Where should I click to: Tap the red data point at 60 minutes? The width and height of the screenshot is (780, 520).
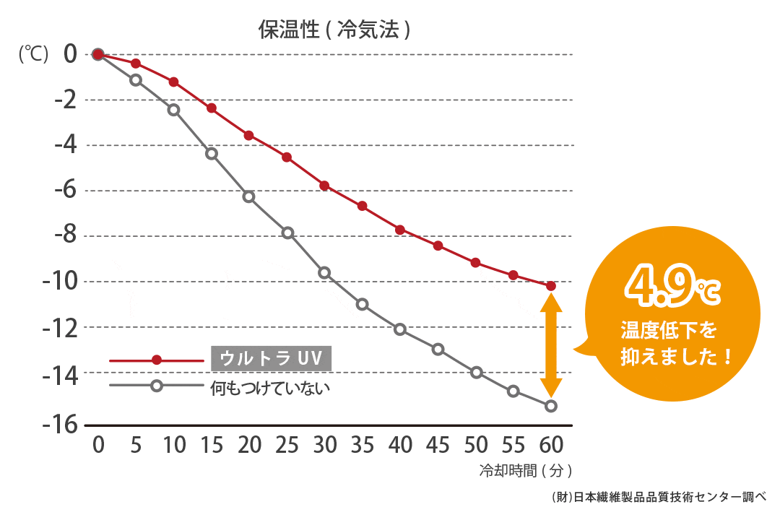click(x=551, y=286)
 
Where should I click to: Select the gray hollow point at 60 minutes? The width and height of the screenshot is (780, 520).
click(x=551, y=406)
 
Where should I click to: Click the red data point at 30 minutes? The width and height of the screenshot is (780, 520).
click(x=324, y=186)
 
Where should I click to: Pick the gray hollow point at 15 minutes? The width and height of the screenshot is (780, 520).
click(x=212, y=154)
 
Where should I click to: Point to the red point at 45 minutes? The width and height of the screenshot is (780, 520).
click(x=438, y=246)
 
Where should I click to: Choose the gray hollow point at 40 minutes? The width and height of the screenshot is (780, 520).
click(x=400, y=329)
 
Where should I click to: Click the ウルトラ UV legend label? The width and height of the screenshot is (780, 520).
click(x=270, y=358)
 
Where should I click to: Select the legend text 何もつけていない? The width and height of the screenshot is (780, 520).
click(x=269, y=387)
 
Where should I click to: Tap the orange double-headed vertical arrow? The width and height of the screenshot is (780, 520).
click(x=551, y=346)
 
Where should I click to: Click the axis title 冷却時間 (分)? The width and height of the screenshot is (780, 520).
click(x=526, y=471)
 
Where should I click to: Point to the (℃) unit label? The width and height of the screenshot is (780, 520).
click(x=33, y=55)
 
